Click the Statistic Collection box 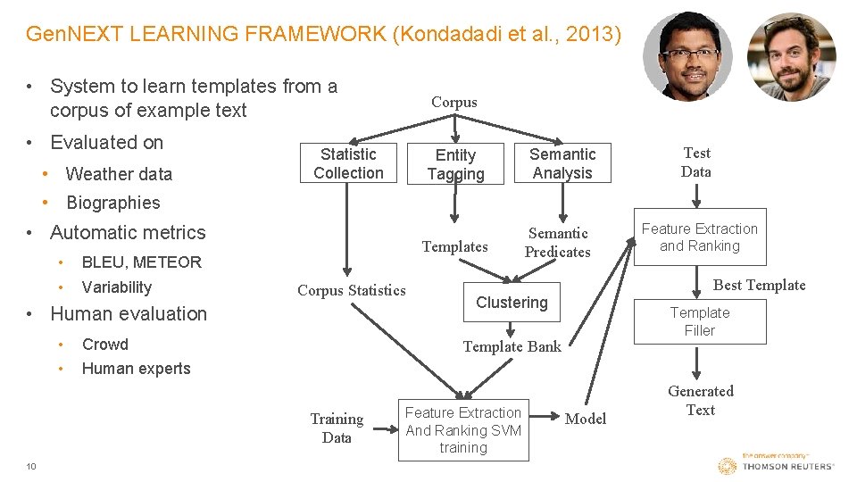tap(348, 163)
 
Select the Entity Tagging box tap(455, 164)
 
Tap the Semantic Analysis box tap(562, 163)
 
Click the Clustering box tap(512, 303)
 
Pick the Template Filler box tap(700, 321)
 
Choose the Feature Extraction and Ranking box tap(700, 237)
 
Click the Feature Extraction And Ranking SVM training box tap(462, 430)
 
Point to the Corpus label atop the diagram tap(454, 102)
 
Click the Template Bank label tap(512, 346)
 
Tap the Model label tap(586, 419)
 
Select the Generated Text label tap(701, 401)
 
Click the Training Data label tap(337, 428)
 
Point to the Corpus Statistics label tap(351, 289)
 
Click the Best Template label tap(759, 285)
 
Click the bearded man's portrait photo tap(791, 56)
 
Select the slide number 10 tap(31, 466)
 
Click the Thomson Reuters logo tap(776, 465)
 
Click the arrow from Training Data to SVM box tap(386, 428)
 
